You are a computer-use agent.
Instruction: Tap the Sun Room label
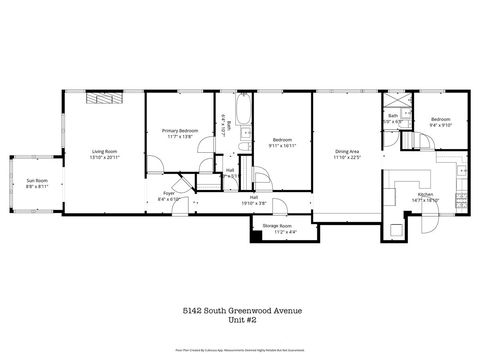(x=37, y=181)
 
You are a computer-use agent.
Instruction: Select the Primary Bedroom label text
(x=180, y=130)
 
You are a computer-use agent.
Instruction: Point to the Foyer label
(x=169, y=194)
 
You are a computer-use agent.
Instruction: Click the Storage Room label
(x=277, y=226)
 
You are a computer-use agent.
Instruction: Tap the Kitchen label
(x=425, y=194)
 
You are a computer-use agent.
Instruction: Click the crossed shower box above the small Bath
(x=394, y=102)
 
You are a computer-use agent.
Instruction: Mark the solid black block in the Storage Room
(x=257, y=237)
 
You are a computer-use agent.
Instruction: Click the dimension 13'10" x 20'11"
(x=105, y=157)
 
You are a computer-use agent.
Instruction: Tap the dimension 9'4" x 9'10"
(x=441, y=125)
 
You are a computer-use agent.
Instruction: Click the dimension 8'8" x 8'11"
(x=37, y=187)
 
